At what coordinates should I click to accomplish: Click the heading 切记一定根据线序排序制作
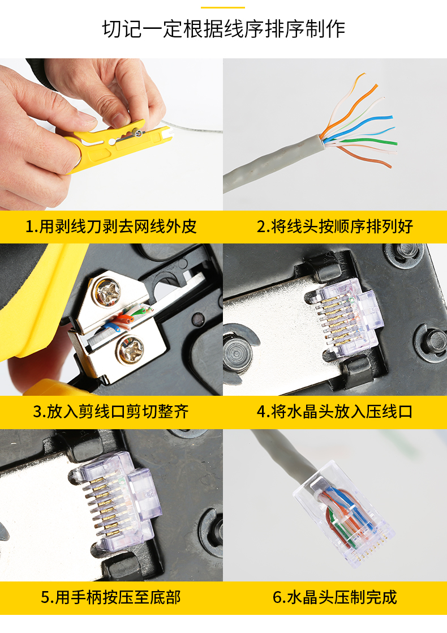pos(223,29)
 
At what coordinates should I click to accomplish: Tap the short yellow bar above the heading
pos(223,7)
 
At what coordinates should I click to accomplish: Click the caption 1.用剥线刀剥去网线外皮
pos(111,227)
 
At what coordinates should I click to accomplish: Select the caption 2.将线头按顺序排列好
pos(335,227)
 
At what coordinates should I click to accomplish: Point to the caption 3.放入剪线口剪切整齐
pos(111,412)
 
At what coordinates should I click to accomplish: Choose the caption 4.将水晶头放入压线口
pos(335,412)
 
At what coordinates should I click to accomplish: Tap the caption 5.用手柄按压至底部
pos(111,597)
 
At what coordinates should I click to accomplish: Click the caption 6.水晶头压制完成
pos(335,597)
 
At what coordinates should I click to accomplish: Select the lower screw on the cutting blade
pos(130,352)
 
